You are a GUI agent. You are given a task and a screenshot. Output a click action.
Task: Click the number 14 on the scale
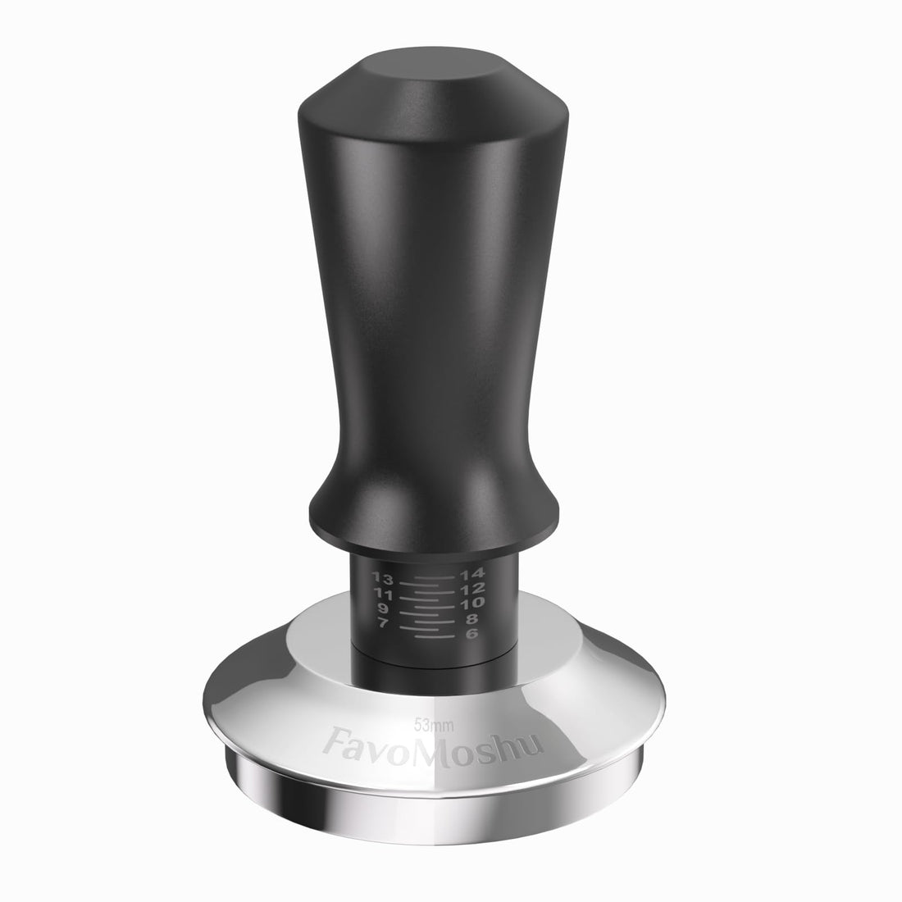[474, 574]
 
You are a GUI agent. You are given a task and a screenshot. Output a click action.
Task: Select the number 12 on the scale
[474, 589]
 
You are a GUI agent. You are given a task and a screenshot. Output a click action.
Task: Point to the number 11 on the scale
[380, 593]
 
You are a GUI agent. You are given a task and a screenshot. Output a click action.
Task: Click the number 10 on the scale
[473, 603]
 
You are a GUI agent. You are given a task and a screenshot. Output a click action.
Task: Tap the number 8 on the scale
[472, 618]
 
